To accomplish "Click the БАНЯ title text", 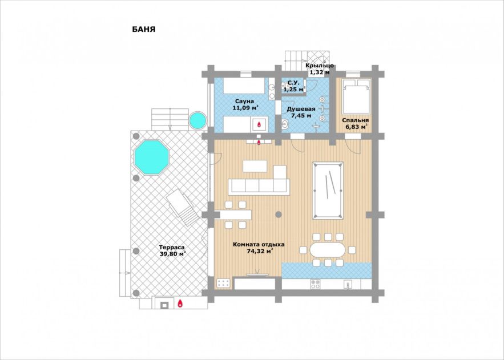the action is [144, 29].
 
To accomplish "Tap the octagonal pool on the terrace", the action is [152, 157].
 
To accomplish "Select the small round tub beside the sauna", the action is [197, 120].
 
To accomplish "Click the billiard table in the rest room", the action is [328, 191].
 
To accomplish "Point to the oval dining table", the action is [327, 250].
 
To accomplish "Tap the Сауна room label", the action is [244, 102].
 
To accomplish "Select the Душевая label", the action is [301, 109].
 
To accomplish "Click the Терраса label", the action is [172, 247].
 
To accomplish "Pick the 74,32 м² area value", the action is [260, 251].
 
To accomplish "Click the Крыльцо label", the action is [320, 66].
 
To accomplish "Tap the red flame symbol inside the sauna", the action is [259, 123].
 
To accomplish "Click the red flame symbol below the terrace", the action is [180, 303].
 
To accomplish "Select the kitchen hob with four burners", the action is [315, 284].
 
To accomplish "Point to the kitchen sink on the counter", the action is [348, 285].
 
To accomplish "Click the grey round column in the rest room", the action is [279, 214].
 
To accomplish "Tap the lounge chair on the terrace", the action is [183, 207].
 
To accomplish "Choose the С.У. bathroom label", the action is [293, 83].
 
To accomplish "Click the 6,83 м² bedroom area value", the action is [356, 127].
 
